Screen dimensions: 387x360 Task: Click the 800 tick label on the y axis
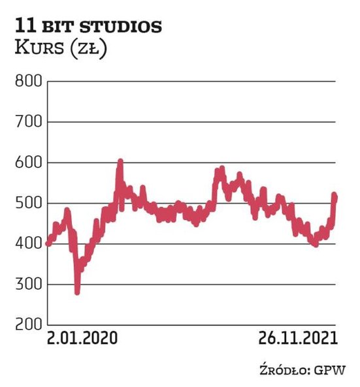pyautogui.click(x=25, y=82)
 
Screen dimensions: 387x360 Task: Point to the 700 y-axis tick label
pyautogui.click(x=25, y=122)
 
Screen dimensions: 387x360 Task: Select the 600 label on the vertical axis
pyautogui.click(x=25, y=163)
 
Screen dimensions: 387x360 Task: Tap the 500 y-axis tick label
pyautogui.click(x=25, y=204)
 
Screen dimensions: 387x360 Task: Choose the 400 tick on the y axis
pyautogui.click(x=25, y=244)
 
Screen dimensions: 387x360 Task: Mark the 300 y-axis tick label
pyautogui.click(x=25, y=285)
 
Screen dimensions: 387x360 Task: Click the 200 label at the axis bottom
pyautogui.click(x=25, y=325)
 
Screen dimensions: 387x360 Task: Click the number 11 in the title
pyautogui.click(x=25, y=27)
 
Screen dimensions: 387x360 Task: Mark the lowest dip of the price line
pyautogui.click(x=77, y=292)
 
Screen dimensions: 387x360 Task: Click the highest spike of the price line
pyautogui.click(x=120, y=161)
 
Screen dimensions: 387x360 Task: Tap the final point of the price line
pyautogui.click(x=335, y=196)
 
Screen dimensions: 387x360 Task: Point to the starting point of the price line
pyautogui.click(x=48, y=243)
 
